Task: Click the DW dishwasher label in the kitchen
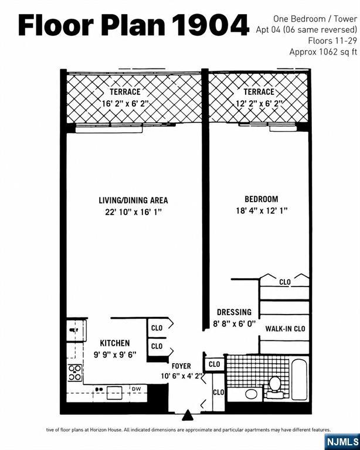(x=137, y=389)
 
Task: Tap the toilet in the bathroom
(x=274, y=387)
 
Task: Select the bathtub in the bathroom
(x=300, y=379)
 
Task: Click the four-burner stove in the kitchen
(x=74, y=373)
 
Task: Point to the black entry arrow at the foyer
(x=188, y=415)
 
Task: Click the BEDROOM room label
(x=261, y=199)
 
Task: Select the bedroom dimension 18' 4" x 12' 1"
(x=261, y=211)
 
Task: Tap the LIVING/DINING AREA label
(x=133, y=200)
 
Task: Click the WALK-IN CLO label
(x=285, y=329)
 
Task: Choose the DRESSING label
(x=234, y=312)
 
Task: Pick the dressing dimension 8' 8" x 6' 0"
(x=234, y=323)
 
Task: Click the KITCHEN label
(x=115, y=343)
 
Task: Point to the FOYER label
(x=181, y=366)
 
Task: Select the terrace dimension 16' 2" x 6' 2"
(x=125, y=103)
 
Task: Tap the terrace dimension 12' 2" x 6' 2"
(x=259, y=103)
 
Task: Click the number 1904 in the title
(x=211, y=25)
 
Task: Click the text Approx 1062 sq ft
(x=323, y=52)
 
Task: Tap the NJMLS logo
(x=343, y=442)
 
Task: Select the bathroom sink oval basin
(x=251, y=394)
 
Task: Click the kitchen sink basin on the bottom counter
(x=114, y=393)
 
